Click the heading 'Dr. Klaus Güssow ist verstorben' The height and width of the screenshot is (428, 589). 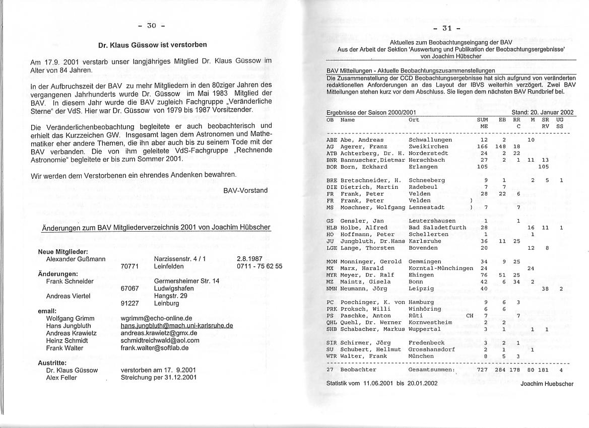[x=152, y=45]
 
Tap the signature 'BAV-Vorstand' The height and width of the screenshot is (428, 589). [x=245, y=190]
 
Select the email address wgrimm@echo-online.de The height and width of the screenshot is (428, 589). [x=157, y=318]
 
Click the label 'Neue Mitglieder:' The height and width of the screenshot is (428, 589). [x=63, y=252]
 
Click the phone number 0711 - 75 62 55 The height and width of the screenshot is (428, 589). [x=259, y=266]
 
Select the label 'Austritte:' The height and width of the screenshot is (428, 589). [x=52, y=363]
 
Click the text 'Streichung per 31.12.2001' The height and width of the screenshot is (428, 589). [x=159, y=378]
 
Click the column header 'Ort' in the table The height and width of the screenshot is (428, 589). [x=414, y=120]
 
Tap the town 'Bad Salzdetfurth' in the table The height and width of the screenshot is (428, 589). [x=437, y=228]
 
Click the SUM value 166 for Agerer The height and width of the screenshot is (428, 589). [x=484, y=147]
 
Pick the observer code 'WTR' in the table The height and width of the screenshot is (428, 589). [x=332, y=356]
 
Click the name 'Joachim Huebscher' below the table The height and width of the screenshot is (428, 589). [x=547, y=384]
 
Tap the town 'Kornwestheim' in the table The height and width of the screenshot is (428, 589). [x=430, y=322]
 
